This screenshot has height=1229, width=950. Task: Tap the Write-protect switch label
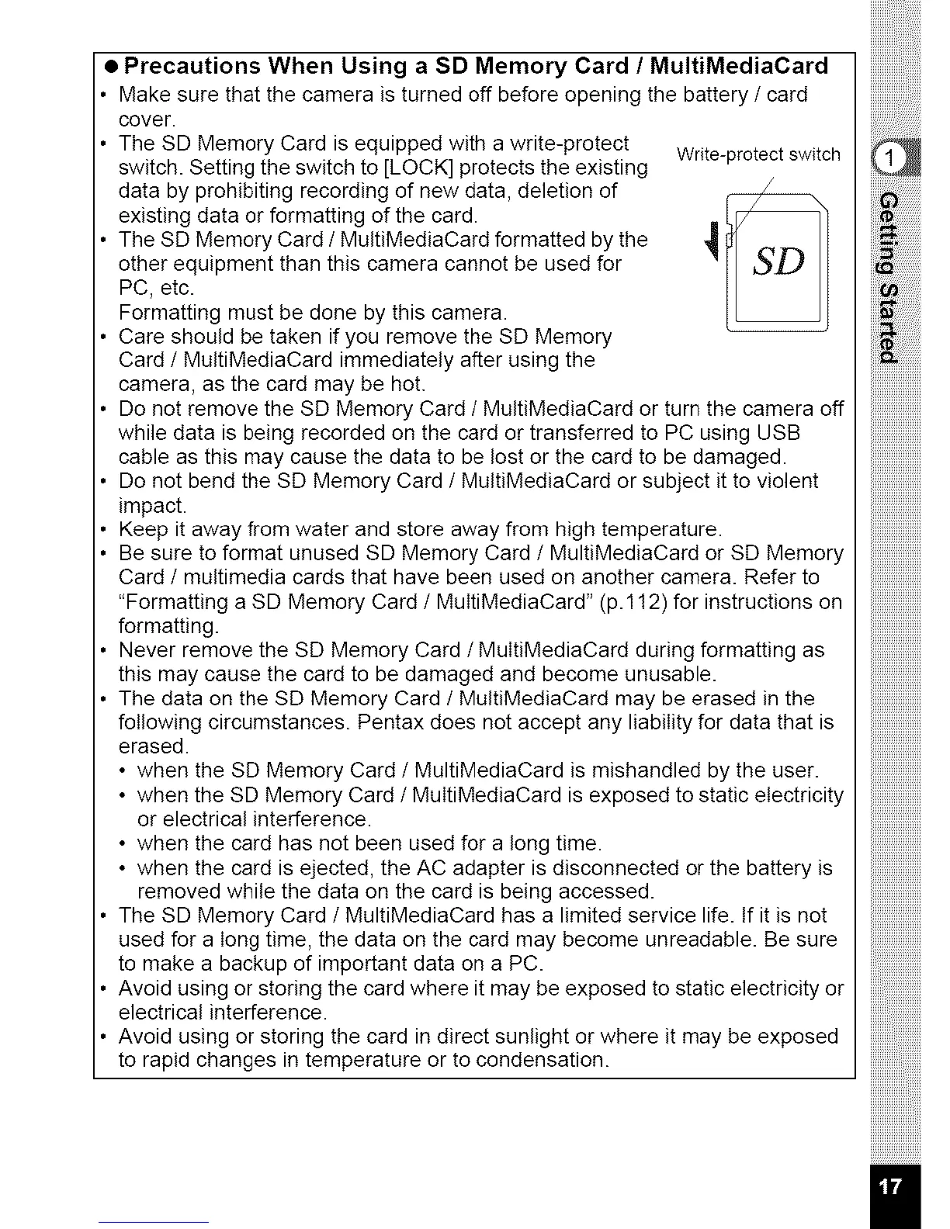758,154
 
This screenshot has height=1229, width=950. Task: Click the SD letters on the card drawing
778,263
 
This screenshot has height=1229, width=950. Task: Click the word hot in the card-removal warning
407,384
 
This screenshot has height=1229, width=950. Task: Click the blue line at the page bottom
154,1222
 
